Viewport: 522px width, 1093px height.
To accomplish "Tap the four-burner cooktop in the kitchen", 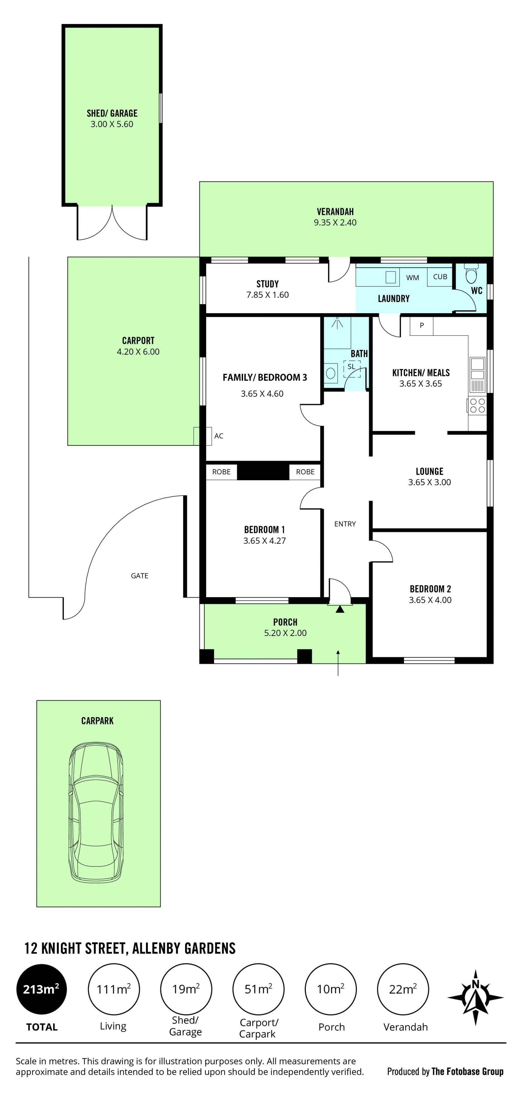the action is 477,406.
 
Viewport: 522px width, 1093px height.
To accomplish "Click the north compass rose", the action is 475,998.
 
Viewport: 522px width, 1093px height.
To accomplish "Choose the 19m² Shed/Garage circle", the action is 186,989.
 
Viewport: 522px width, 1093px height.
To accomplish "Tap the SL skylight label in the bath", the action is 351,367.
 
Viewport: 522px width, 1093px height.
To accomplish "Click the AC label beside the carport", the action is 219,436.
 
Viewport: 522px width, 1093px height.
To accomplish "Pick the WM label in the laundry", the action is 412,278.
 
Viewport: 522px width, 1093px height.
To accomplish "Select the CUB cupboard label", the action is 440,277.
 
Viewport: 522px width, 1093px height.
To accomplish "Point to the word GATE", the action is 140,576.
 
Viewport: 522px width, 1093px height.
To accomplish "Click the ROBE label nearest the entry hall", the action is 305,472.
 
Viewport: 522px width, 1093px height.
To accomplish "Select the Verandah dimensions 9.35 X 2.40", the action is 335,222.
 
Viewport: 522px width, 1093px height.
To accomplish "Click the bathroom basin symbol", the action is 331,373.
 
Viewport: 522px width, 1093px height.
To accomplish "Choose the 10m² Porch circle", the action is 331,989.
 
